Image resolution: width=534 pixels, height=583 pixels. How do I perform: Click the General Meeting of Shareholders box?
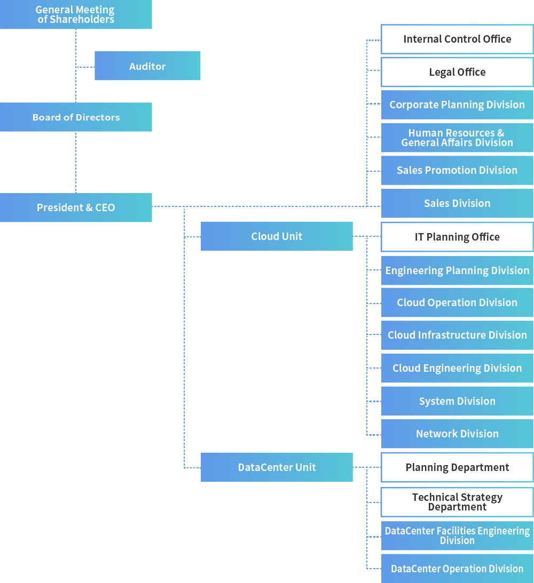(x=76, y=14)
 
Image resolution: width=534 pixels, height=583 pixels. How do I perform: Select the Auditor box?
(x=147, y=66)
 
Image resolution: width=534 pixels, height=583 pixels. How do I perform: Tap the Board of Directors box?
(x=76, y=117)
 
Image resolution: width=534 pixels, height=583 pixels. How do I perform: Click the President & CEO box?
(x=76, y=207)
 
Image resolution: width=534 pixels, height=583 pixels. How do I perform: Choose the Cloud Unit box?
(x=277, y=236)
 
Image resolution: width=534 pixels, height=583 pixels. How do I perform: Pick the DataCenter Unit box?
(x=277, y=467)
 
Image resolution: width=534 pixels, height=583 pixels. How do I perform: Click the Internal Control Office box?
(x=457, y=39)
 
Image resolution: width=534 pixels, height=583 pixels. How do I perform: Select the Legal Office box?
(x=457, y=72)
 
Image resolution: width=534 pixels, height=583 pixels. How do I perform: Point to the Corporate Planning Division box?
(x=457, y=105)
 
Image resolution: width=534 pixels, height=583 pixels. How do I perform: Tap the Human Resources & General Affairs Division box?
(x=457, y=138)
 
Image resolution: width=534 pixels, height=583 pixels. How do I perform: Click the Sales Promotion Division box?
(x=457, y=170)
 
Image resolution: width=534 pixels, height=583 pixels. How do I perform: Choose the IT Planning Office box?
(x=457, y=237)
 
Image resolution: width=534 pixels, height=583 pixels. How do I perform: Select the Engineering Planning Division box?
(x=457, y=270)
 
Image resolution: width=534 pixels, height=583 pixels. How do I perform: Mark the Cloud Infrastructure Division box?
(x=457, y=335)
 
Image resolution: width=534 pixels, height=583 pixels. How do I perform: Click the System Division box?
(x=457, y=401)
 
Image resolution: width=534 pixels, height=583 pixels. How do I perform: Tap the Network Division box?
(x=457, y=434)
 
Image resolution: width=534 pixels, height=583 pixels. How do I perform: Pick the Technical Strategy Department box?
(x=457, y=502)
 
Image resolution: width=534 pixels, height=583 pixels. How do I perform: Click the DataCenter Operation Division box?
(x=457, y=569)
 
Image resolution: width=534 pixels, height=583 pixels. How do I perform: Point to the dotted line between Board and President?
(x=76, y=162)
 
